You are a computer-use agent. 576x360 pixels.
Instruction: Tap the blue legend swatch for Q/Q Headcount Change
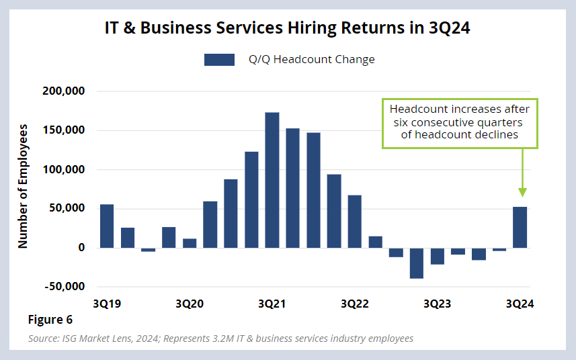[219, 60]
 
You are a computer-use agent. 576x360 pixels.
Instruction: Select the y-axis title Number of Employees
[23, 186]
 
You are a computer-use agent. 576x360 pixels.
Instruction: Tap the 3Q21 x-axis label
[272, 304]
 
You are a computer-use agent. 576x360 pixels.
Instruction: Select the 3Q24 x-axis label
[520, 304]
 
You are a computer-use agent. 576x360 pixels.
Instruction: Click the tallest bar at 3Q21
[272, 180]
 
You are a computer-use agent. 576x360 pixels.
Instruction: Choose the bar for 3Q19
[107, 226]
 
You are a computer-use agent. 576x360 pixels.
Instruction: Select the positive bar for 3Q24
[520, 227]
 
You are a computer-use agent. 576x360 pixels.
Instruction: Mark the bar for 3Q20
[190, 243]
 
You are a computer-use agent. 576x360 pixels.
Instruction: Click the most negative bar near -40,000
[417, 263]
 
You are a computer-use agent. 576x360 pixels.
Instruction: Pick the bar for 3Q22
[355, 222]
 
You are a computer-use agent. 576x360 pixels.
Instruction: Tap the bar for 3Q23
[438, 256]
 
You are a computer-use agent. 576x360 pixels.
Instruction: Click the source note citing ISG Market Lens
[220, 339]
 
